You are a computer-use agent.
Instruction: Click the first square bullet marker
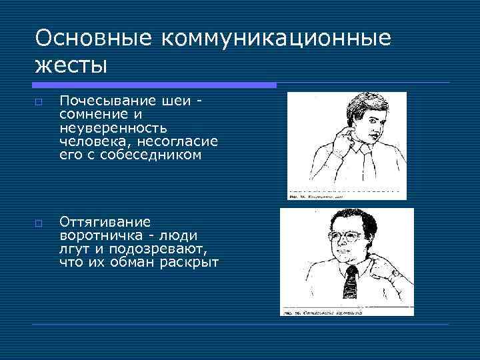click(40, 101)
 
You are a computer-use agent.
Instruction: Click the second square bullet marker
click(40, 223)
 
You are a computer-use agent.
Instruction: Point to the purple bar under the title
click(153, 85)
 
